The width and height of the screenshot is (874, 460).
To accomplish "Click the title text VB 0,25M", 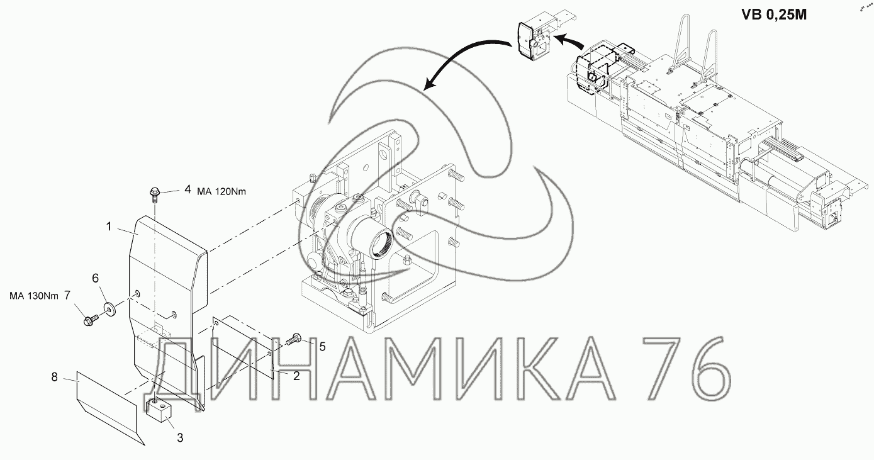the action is click(x=774, y=15).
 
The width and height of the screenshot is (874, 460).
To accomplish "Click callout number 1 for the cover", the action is click(x=109, y=227).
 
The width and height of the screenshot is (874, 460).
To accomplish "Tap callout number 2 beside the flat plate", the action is click(x=296, y=376).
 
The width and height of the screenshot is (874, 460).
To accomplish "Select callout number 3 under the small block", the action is click(x=180, y=438).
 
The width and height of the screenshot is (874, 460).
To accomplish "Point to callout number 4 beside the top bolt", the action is click(x=188, y=189).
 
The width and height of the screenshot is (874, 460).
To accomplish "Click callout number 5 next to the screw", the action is click(x=322, y=347).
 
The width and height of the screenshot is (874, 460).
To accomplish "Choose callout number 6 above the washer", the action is click(x=96, y=278).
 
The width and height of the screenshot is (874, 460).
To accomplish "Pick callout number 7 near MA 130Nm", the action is click(x=67, y=295).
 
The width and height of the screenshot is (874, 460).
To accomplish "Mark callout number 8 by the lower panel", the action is click(x=55, y=377).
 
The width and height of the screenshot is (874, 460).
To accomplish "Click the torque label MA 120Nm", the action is click(x=221, y=191).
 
